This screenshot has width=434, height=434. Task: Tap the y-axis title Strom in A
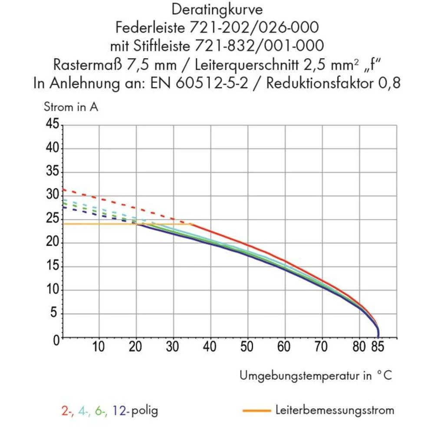[x=71, y=107]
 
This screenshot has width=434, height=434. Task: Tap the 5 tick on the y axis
[x=55, y=313]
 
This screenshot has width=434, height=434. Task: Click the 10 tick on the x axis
[x=99, y=347]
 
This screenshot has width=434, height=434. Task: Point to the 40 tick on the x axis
[x=210, y=347]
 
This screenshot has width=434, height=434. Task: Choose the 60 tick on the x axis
[x=285, y=347]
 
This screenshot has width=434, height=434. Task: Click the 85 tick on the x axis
[x=378, y=347]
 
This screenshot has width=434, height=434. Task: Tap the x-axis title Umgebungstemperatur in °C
[x=316, y=376]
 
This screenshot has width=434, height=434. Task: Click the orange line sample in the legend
[x=256, y=410]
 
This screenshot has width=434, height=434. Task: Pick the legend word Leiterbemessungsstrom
[x=335, y=410]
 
